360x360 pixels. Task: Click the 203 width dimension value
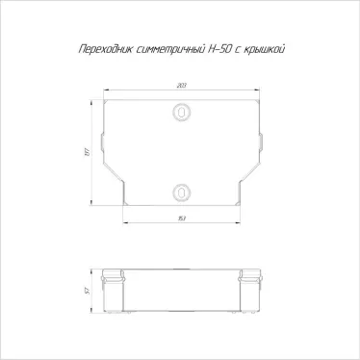[180, 88]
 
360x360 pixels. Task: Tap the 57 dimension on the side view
[86, 290]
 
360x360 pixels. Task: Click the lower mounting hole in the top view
[179, 191]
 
